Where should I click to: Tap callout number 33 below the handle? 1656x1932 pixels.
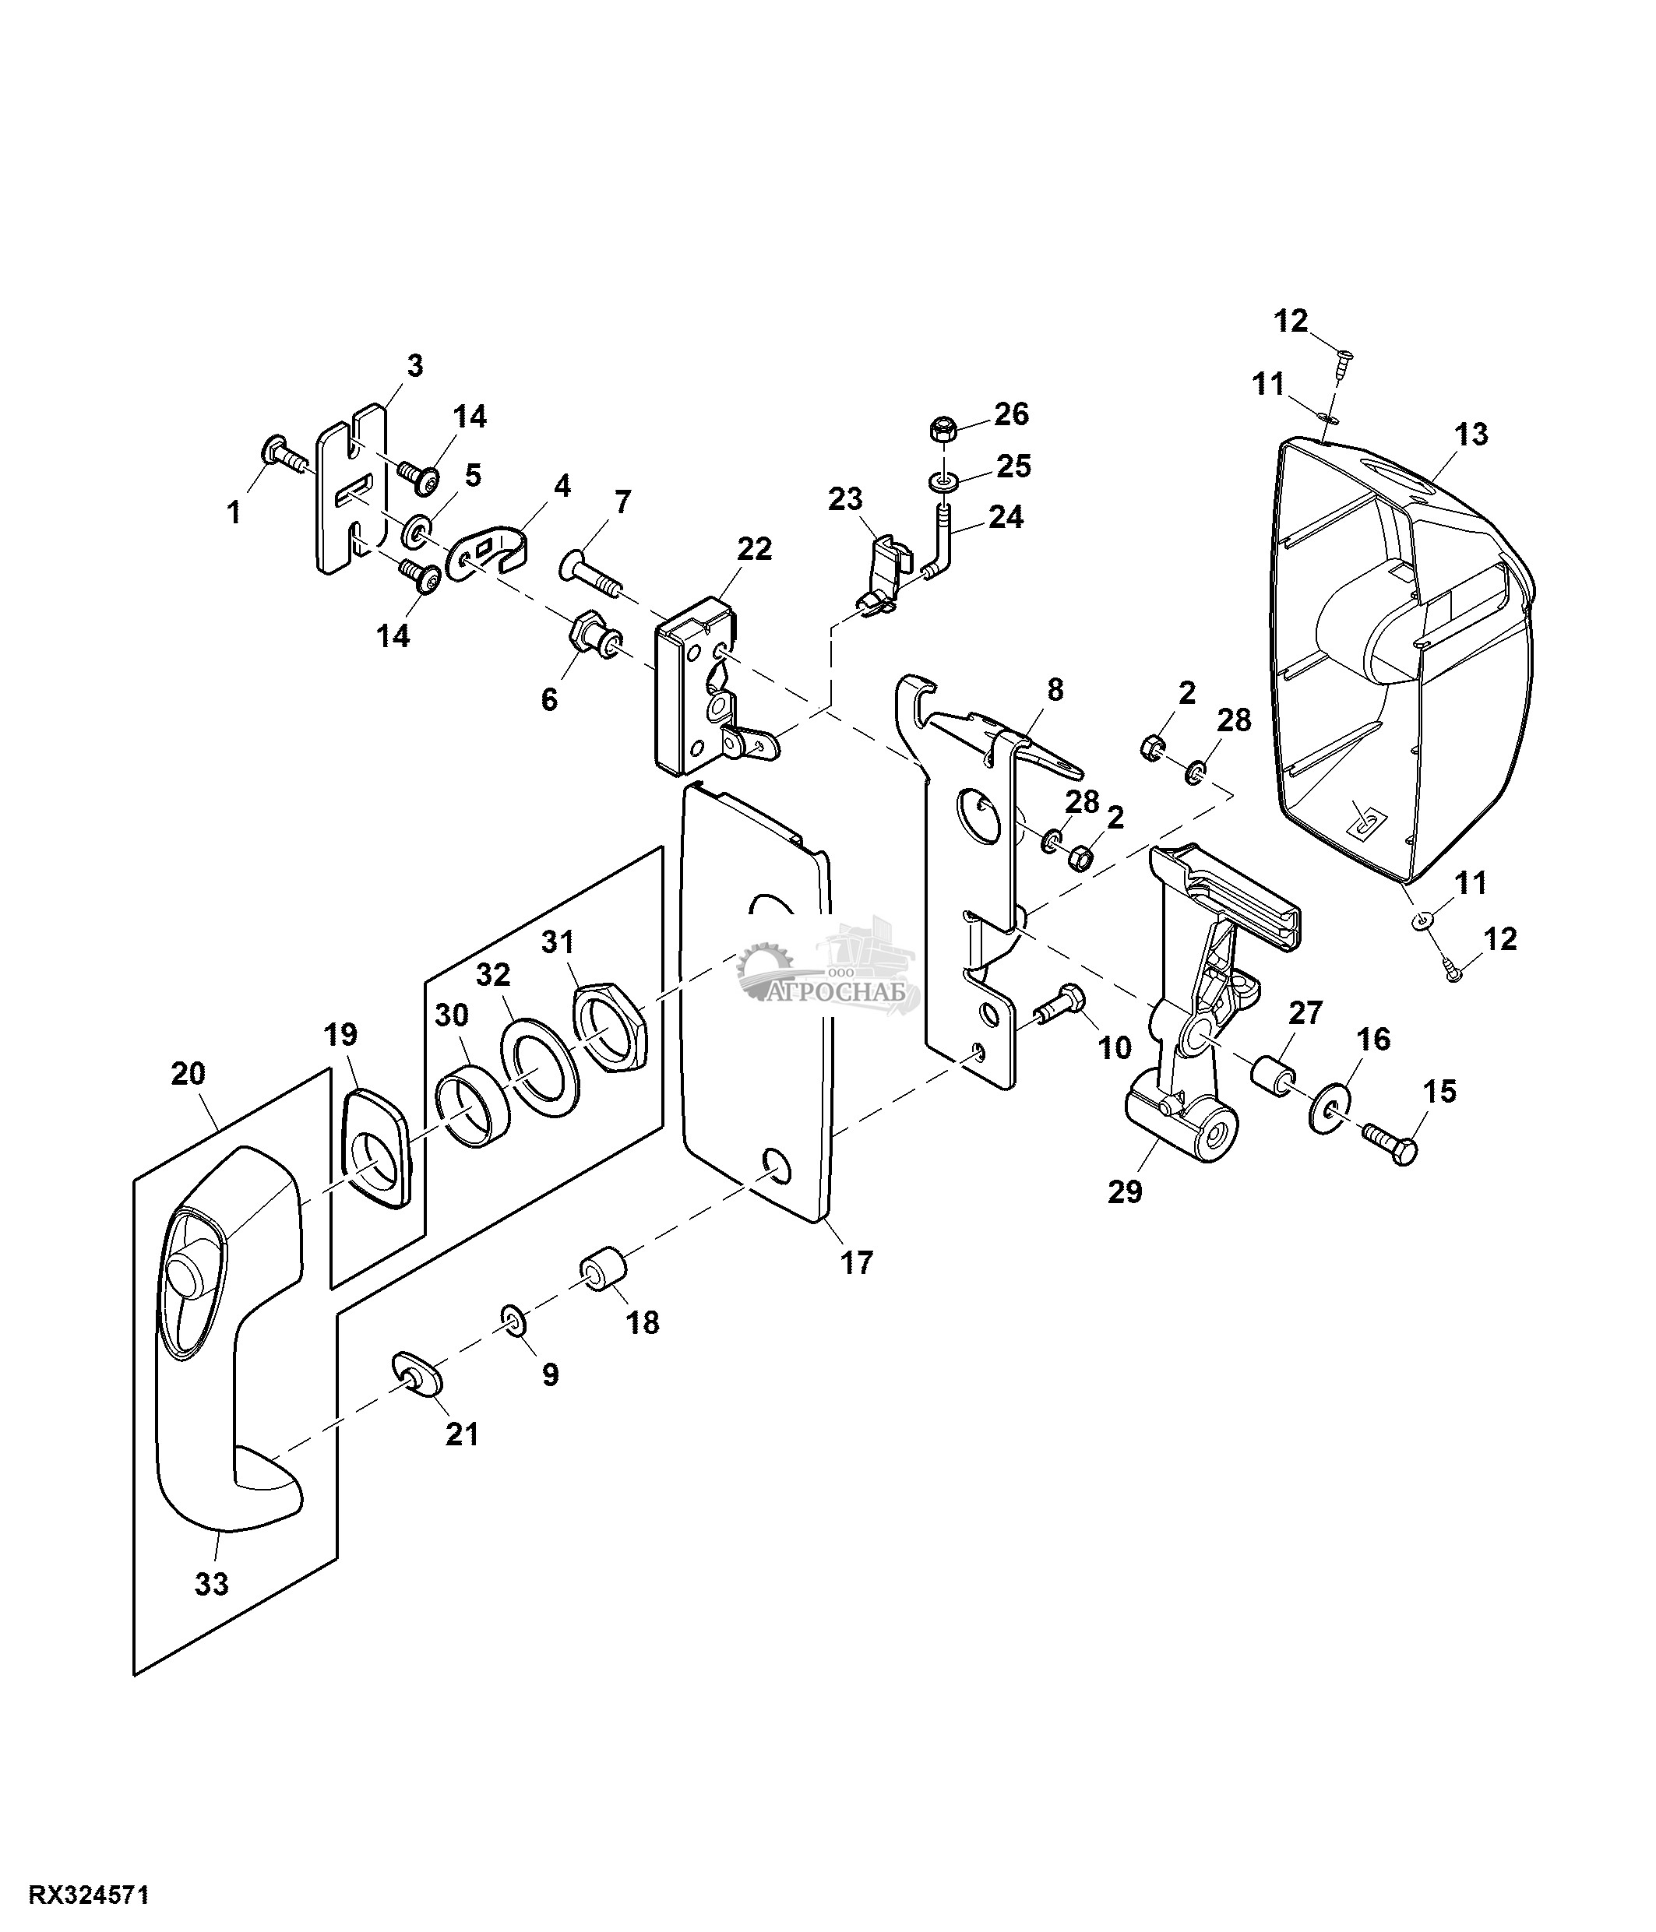click(212, 1583)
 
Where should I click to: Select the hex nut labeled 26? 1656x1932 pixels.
click(942, 431)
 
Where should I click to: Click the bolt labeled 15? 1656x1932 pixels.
click(1390, 1143)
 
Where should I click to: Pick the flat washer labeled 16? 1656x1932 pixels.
click(1329, 1102)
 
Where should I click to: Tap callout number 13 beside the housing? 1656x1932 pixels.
click(1471, 434)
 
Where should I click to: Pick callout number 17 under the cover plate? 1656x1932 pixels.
click(856, 1262)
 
